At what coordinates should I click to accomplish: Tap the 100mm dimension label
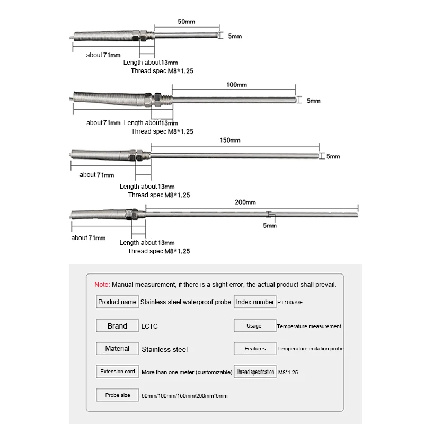(237, 85)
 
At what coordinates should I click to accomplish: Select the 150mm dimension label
(230, 140)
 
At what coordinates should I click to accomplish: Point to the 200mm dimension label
(245, 202)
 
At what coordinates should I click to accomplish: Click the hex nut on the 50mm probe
(144, 36)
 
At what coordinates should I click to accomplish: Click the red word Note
(102, 284)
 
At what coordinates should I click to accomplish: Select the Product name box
(117, 302)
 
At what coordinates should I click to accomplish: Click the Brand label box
(117, 326)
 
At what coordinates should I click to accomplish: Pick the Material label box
(117, 349)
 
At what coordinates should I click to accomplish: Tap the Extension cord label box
(117, 372)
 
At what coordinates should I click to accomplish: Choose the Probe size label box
(117, 395)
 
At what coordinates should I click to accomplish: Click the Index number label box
(255, 302)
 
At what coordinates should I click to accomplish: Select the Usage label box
(254, 326)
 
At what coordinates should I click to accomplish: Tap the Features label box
(255, 349)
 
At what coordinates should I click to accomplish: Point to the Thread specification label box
(255, 372)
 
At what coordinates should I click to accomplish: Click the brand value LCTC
(150, 326)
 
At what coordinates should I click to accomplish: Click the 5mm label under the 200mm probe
(270, 226)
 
